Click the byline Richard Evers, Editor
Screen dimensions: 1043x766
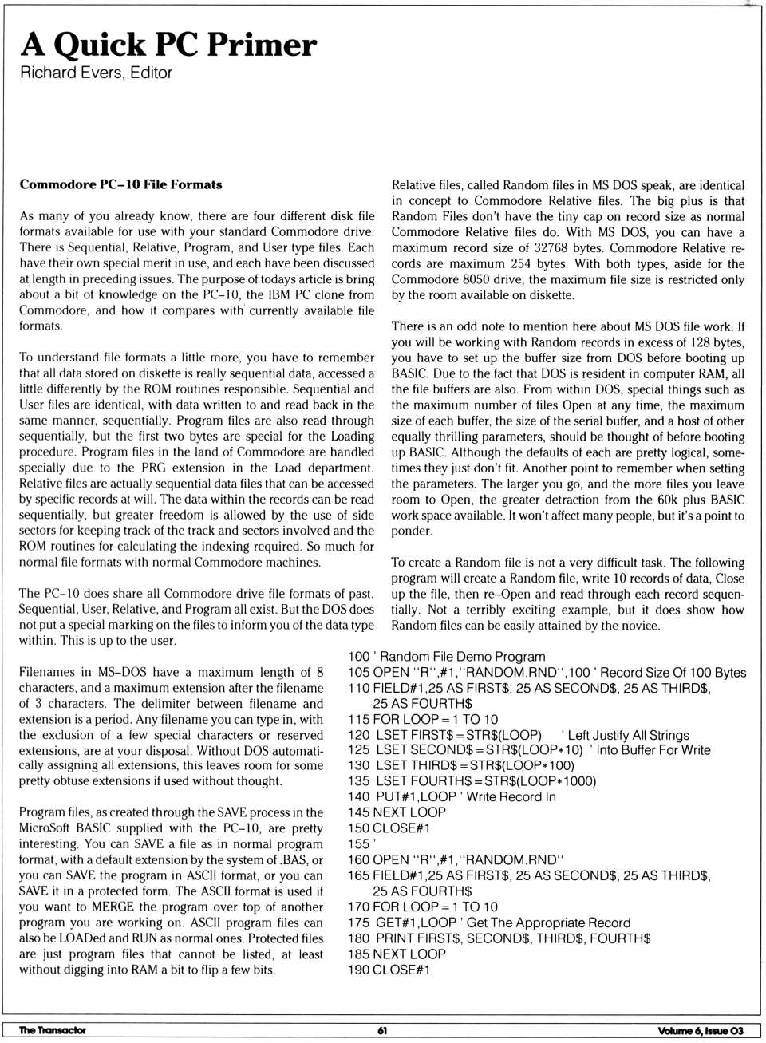(96, 73)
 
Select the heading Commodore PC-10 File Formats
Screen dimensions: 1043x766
(120, 184)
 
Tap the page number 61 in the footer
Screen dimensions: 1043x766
(382, 1030)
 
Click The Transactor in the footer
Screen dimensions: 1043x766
(52, 1030)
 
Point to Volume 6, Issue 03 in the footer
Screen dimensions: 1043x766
(700, 1031)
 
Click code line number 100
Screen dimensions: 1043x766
(358, 657)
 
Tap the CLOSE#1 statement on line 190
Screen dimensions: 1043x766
(401, 970)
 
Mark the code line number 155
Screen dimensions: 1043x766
(358, 844)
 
